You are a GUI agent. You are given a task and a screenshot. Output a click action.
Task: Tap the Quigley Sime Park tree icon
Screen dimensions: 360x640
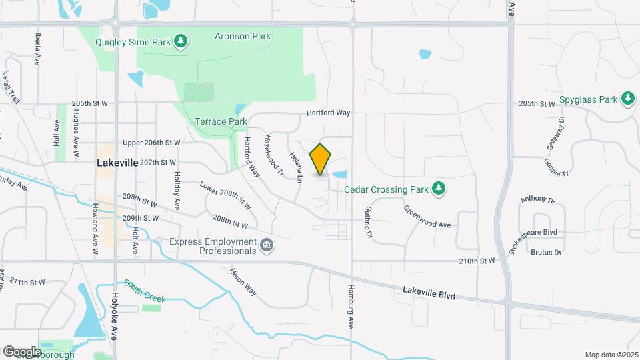click(180, 42)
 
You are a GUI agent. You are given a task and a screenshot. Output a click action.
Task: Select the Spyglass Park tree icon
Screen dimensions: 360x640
click(627, 99)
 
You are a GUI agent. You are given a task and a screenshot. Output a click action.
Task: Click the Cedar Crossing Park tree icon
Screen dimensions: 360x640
click(438, 189)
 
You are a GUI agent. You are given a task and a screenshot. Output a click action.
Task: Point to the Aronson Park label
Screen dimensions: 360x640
click(243, 36)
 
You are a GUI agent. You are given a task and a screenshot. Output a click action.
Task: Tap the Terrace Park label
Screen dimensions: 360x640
click(221, 122)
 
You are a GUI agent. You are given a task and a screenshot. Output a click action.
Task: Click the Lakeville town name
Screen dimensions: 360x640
click(117, 162)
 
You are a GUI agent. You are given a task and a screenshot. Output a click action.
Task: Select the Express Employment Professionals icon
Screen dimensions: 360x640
click(266, 246)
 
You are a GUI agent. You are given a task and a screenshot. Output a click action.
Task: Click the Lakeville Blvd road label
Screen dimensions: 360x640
click(429, 292)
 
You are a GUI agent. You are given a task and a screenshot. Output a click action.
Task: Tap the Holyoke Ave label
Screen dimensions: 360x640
click(114, 317)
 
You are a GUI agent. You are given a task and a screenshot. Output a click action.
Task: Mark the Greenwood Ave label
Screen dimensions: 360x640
click(427, 216)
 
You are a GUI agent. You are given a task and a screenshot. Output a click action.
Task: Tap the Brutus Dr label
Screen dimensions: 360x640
click(547, 252)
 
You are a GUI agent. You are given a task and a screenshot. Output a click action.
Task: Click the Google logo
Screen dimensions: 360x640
click(22, 351)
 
